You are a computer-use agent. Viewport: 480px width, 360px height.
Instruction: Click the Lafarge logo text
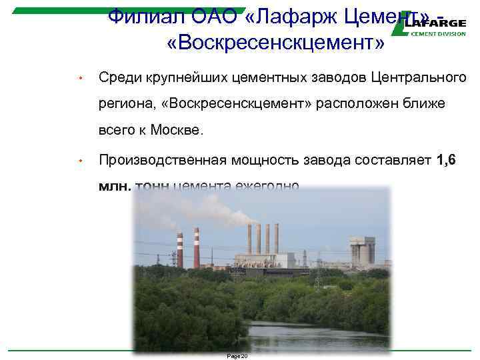tap(438, 22)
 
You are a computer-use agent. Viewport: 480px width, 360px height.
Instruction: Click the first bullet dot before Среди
tap(79, 79)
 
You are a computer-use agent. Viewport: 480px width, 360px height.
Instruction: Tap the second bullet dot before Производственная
tap(79, 161)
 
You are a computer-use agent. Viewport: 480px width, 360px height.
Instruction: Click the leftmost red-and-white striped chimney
tap(180, 251)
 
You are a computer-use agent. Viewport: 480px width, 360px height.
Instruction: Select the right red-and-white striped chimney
tap(197, 248)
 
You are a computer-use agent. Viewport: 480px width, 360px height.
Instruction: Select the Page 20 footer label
tap(237, 356)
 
